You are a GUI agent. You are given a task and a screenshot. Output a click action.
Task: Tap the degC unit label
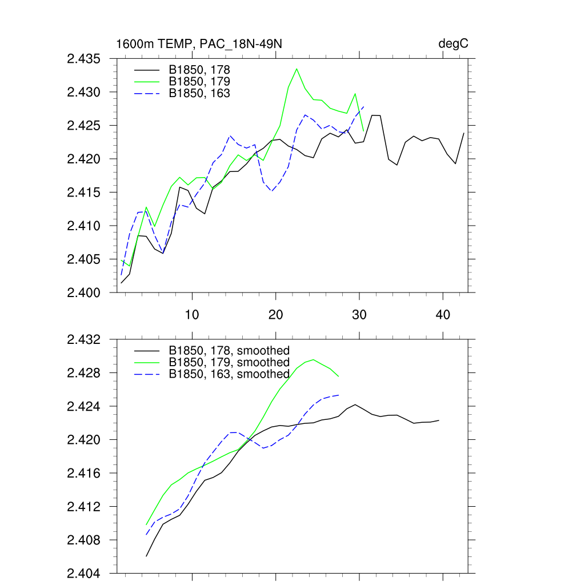[x=454, y=44]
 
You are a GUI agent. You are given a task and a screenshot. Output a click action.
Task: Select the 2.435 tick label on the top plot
[x=83, y=59]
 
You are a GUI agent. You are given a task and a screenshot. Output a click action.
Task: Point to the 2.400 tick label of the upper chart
[x=83, y=293]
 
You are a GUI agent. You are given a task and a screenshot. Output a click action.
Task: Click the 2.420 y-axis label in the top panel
[x=83, y=159]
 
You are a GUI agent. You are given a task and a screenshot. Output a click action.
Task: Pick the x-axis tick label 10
[x=192, y=314]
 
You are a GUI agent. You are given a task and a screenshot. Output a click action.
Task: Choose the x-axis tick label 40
[x=443, y=314]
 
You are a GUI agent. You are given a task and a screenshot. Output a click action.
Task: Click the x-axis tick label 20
[x=276, y=314]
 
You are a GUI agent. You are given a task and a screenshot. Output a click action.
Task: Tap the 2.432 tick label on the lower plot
[x=83, y=340]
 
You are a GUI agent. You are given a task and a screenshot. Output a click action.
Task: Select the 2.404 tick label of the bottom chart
[x=83, y=574]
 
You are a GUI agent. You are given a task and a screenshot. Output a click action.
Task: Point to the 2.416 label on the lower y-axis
[x=83, y=474]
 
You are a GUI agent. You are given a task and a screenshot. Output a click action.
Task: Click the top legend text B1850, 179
[x=199, y=81]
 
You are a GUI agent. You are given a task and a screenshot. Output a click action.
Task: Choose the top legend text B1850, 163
[x=199, y=93]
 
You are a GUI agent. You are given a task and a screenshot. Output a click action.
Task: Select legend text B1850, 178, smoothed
[x=229, y=351]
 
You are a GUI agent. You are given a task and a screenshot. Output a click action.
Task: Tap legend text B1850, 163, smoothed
[x=229, y=374]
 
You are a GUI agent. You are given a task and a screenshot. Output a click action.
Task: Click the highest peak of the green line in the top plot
[x=296, y=69]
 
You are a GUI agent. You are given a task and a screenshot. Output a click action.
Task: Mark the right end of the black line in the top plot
[x=463, y=133]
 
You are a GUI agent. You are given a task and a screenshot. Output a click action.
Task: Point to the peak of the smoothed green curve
[x=314, y=359]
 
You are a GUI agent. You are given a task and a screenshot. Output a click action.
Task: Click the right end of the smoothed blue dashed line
[x=339, y=395]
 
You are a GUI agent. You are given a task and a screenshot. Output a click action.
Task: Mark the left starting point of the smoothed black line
[x=146, y=556]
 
